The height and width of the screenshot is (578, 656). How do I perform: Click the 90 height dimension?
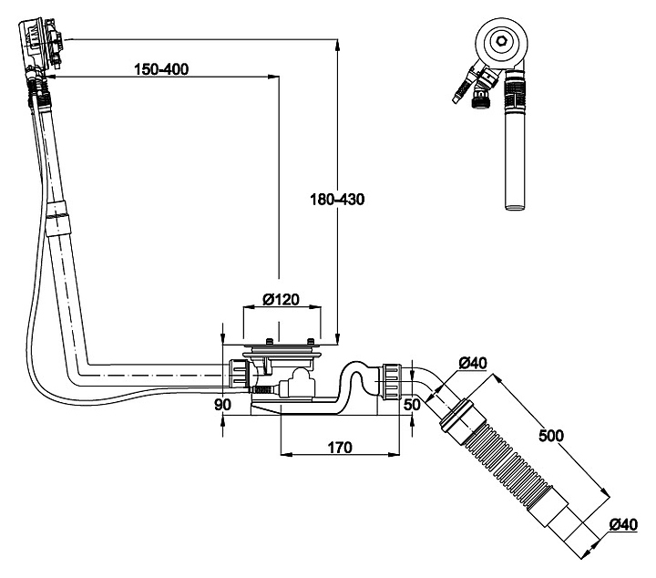[x=222, y=404]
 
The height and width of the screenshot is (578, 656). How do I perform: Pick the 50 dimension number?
[x=411, y=403]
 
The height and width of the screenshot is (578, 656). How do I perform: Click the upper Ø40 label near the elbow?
[x=472, y=364]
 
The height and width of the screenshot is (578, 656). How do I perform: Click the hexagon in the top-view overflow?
[x=499, y=41]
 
